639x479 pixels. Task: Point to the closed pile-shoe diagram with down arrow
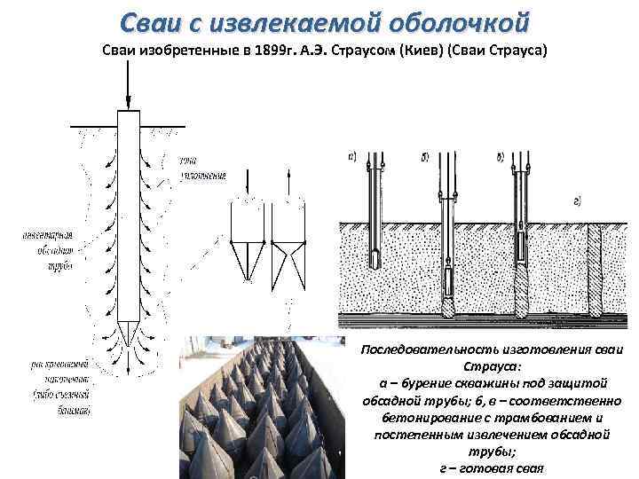[246, 239]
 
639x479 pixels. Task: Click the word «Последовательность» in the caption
[424, 349]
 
